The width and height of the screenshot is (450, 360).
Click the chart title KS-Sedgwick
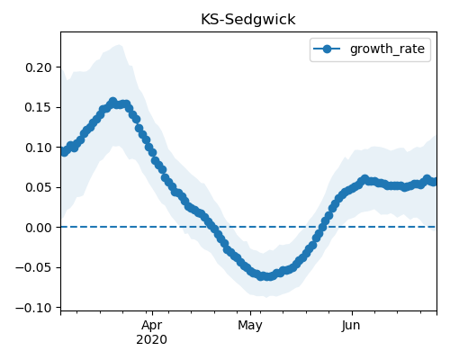point(248,20)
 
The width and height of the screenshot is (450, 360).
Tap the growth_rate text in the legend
point(387,49)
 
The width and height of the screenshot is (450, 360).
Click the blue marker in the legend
point(327,49)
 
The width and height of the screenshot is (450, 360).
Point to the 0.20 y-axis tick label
point(39,67)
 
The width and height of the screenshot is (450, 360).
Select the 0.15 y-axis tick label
point(39,108)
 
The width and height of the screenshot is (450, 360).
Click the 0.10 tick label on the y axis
point(39,148)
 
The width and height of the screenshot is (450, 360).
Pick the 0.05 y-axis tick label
point(39,188)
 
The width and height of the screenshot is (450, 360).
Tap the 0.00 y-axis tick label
point(39,228)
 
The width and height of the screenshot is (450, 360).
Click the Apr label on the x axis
point(152,326)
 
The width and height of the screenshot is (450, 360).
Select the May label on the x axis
point(250,326)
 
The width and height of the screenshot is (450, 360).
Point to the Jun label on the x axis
point(351,326)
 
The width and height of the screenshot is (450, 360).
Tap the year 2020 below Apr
point(152,340)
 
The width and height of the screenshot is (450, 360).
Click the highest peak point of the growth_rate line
point(112,102)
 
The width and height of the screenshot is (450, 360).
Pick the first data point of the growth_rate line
point(64,152)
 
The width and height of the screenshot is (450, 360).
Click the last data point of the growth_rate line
point(433,182)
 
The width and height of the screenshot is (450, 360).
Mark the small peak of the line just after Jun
point(364,179)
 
